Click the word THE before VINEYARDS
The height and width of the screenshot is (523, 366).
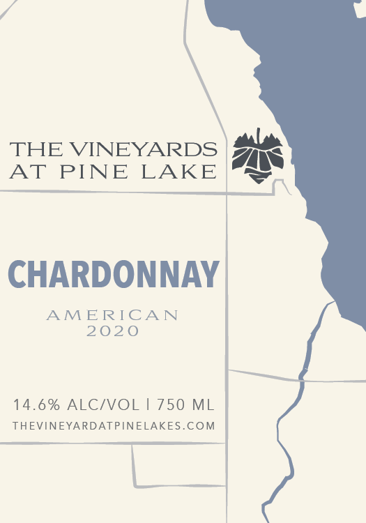tap(32, 149)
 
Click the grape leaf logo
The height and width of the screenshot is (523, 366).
tap(257, 157)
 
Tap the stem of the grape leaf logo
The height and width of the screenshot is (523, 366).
tap(259, 135)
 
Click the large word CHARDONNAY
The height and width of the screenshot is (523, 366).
tap(114, 274)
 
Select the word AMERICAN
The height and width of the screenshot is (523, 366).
tap(112, 315)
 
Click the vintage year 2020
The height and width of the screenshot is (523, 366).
tap(113, 333)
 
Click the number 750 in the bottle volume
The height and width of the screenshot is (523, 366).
tap(171, 404)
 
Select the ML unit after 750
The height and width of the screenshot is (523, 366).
tap(203, 404)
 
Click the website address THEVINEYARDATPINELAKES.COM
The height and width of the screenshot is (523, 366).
tap(114, 425)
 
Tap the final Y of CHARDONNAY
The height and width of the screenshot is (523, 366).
tap(210, 274)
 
